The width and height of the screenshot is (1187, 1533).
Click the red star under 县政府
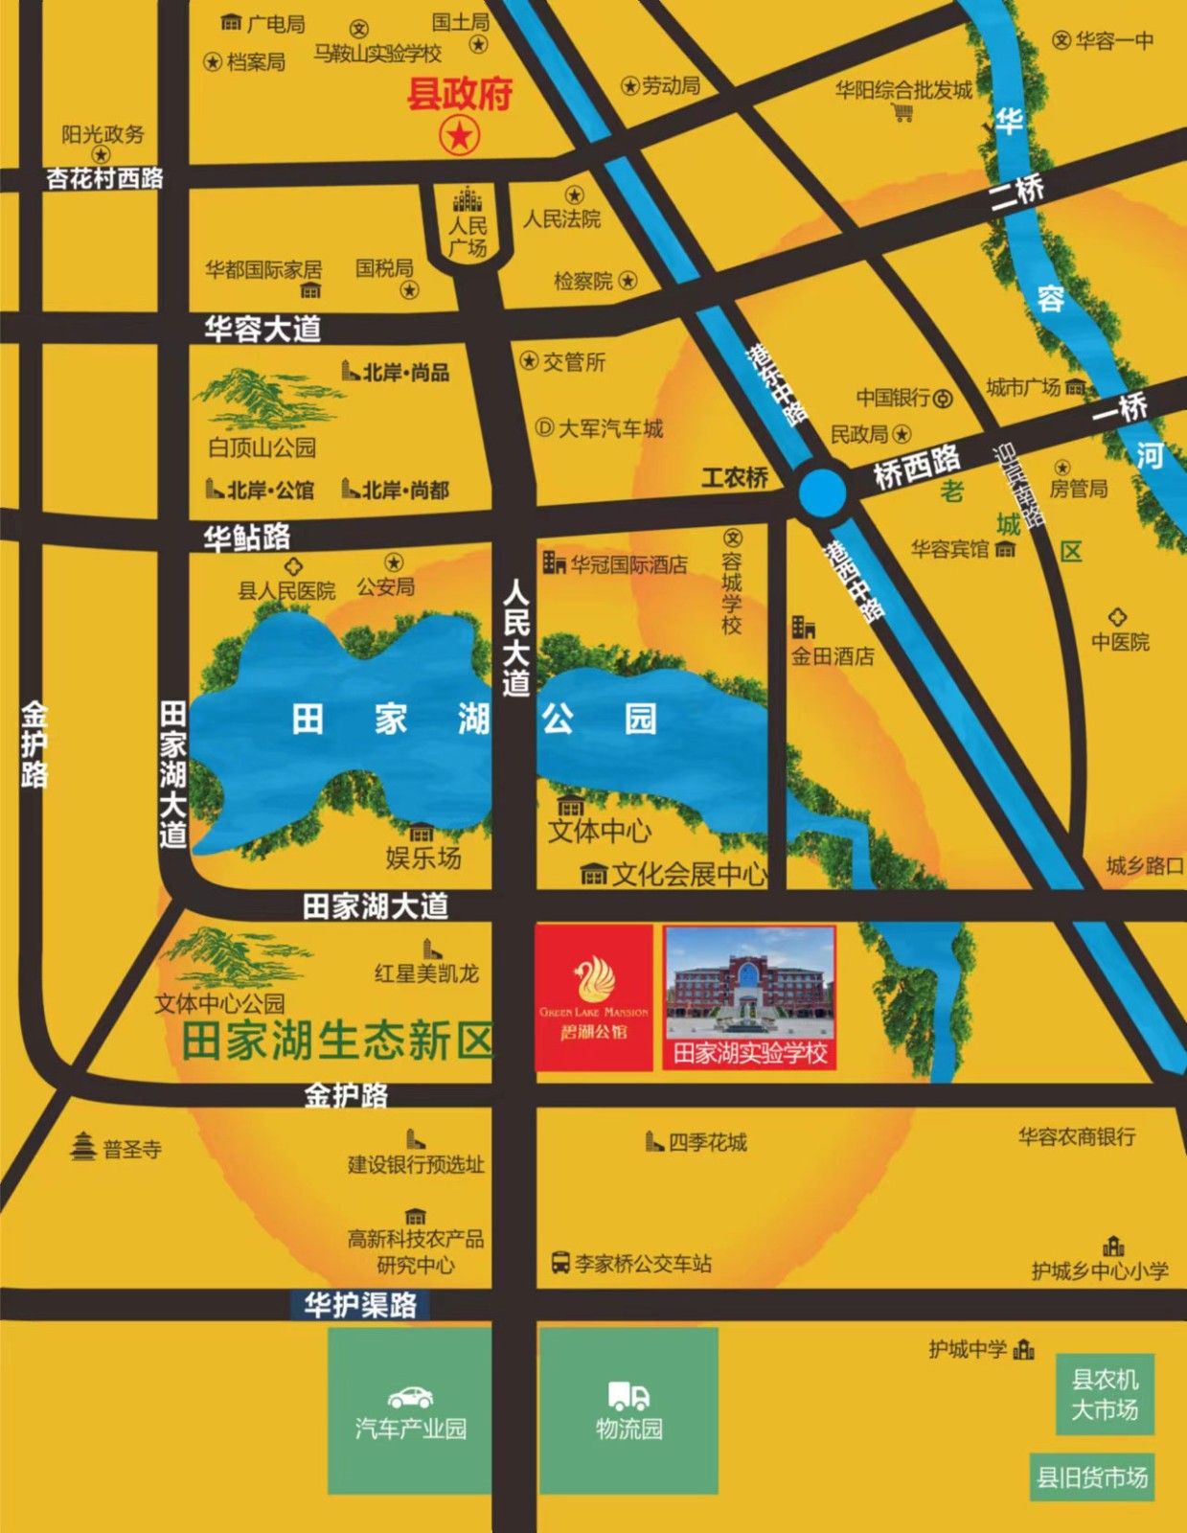pyautogui.click(x=460, y=136)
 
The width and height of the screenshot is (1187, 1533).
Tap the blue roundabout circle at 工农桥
pyautogui.click(x=822, y=492)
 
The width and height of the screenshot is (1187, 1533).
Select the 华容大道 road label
pyautogui.click(x=263, y=330)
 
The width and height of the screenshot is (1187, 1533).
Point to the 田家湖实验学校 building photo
pyautogui.click(x=749, y=985)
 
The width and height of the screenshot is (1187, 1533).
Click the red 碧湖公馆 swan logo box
pyautogui.click(x=594, y=996)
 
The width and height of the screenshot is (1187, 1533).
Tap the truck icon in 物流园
pyautogui.click(x=628, y=1396)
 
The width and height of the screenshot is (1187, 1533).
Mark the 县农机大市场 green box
pyautogui.click(x=1105, y=1394)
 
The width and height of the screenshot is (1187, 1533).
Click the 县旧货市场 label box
pyautogui.click(x=1092, y=1477)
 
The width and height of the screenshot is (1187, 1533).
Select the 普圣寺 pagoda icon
pyautogui.click(x=84, y=1146)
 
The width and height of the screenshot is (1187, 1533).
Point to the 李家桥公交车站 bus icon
pyautogui.click(x=561, y=1263)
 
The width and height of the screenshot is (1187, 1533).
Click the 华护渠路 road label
pyautogui.click(x=360, y=1304)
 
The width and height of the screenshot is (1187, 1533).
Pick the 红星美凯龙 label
pyautogui.click(x=426, y=973)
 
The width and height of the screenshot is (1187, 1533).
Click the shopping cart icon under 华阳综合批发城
pyautogui.click(x=902, y=114)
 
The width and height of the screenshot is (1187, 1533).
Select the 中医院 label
pyautogui.click(x=1120, y=641)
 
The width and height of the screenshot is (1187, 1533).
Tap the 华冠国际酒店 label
pyautogui.click(x=628, y=564)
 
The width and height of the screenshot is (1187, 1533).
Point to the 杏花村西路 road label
pyautogui.click(x=105, y=178)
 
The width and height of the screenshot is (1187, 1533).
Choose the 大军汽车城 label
pyautogui.click(x=610, y=428)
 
